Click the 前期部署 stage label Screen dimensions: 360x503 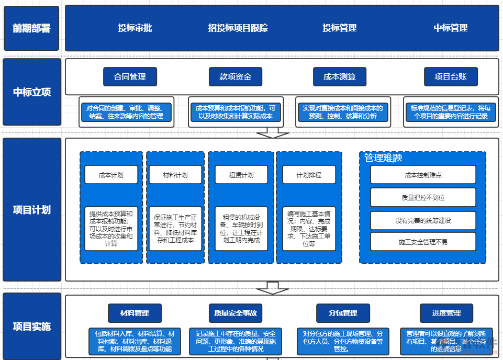pyautogui.click(x=31, y=28)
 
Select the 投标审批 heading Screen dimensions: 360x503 pyautogui.click(x=135, y=28)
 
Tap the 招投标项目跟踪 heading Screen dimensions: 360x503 pyautogui.click(x=238, y=28)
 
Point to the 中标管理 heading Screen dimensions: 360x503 pyautogui.click(x=451, y=28)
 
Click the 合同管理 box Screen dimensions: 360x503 pyautogui.click(x=130, y=77)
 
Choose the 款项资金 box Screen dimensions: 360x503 pyautogui.click(x=235, y=77)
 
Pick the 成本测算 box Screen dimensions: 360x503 pyautogui.click(x=340, y=77)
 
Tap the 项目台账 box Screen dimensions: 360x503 pyautogui.click(x=451, y=77)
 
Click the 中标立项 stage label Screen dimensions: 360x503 pyautogui.click(x=31, y=92)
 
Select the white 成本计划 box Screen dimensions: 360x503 pyautogui.click(x=111, y=175)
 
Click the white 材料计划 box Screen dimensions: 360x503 pyautogui.click(x=175, y=175)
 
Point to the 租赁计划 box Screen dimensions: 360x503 pyautogui.click(x=241, y=175)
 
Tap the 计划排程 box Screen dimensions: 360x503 pyautogui.click(x=309, y=175)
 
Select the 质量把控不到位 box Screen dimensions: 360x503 pyautogui.click(x=423, y=198)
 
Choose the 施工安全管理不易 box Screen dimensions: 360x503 pyautogui.click(x=423, y=242)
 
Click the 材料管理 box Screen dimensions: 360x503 pyautogui.click(x=135, y=313)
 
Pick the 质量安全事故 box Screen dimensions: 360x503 pyautogui.click(x=235, y=313)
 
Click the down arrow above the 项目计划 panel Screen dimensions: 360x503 pyautogui.click(x=272, y=133)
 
